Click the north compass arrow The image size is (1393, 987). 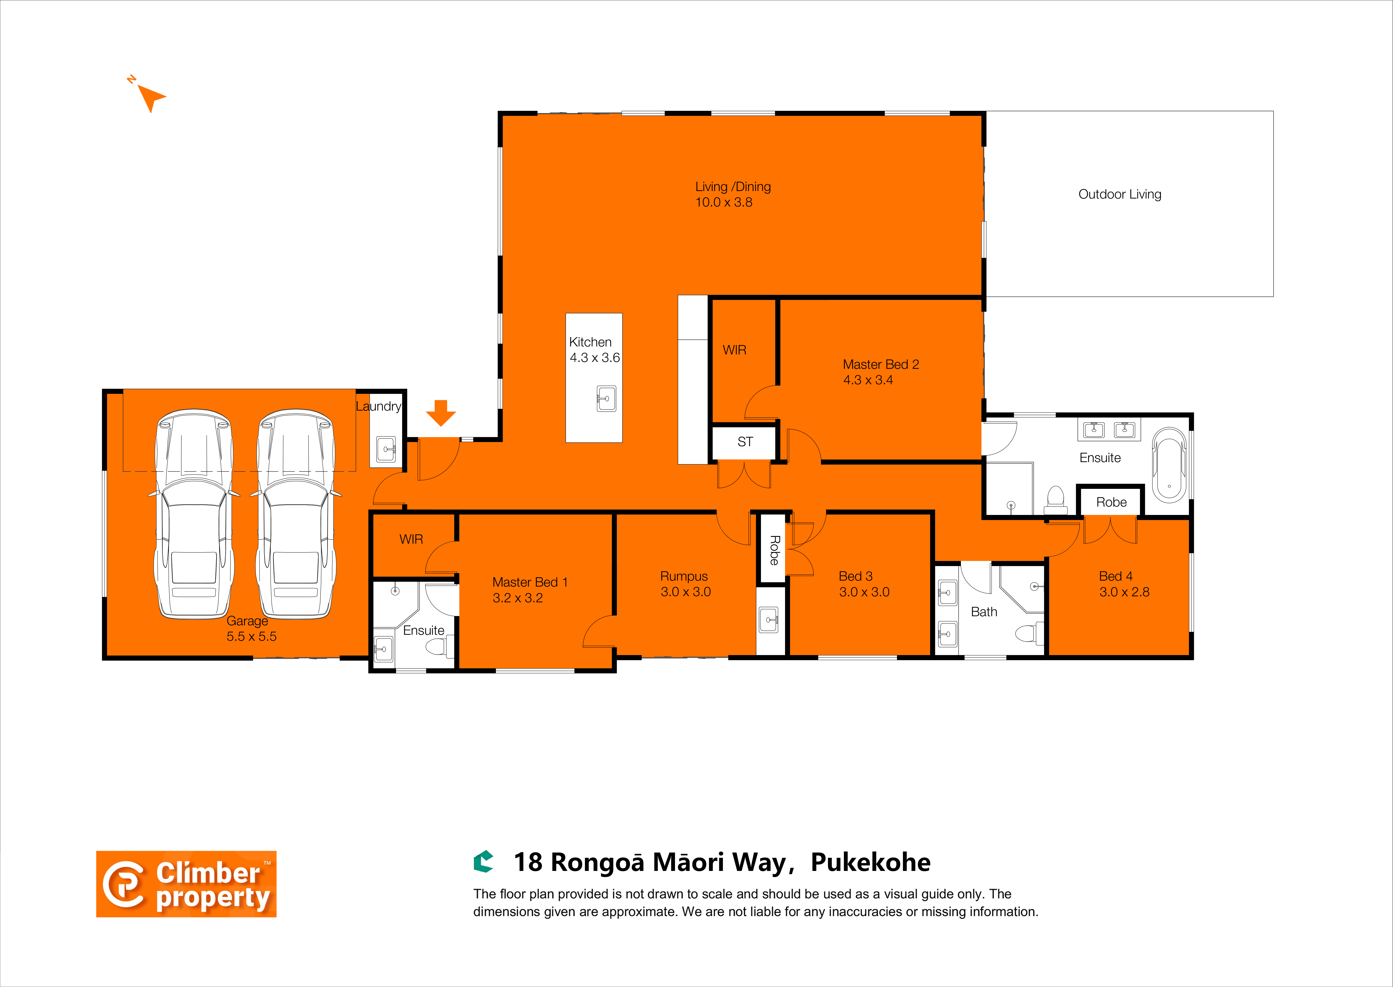[x=149, y=97]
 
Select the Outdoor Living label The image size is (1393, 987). [x=1119, y=195]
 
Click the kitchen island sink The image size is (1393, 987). [x=606, y=399]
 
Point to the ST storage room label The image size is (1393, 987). [x=745, y=442]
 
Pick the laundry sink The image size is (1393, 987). [x=385, y=449]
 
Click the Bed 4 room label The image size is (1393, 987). [x=1116, y=576]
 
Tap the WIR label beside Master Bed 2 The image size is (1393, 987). [x=734, y=350]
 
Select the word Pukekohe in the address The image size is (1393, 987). [x=870, y=863]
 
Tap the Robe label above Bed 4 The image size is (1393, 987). [x=1111, y=502]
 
